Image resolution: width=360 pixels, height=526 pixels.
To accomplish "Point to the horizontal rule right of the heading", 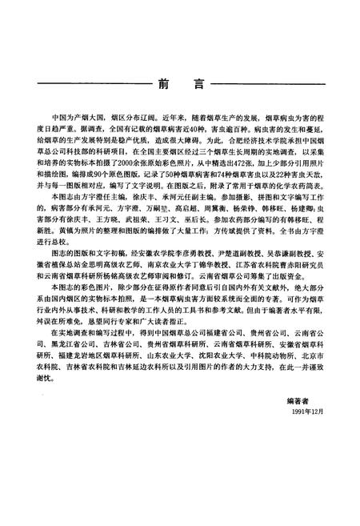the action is [268, 83].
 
